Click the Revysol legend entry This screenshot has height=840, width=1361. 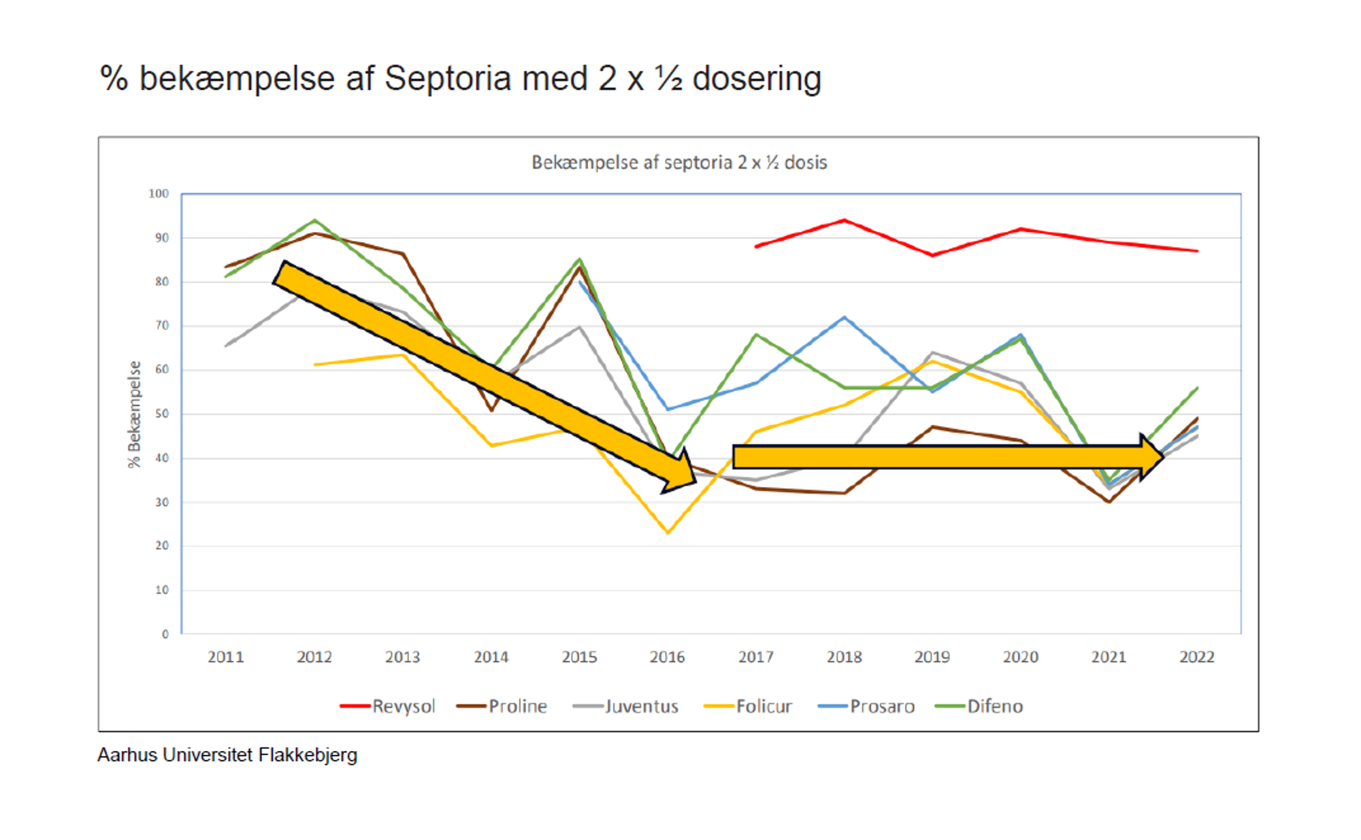tap(388, 706)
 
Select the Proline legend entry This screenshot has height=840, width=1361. tap(502, 706)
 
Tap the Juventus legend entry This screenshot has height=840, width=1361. tap(626, 706)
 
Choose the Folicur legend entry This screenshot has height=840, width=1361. tap(749, 706)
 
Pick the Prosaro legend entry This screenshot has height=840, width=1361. tap(867, 706)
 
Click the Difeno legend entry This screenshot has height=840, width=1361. tap(980, 706)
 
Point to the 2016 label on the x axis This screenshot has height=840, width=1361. tap(667, 657)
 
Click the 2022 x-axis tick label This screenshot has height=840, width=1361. tap(1196, 657)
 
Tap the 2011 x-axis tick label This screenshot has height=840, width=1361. tap(225, 657)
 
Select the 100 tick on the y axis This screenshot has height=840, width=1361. tap(159, 194)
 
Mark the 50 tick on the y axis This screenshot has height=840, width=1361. tap(161, 414)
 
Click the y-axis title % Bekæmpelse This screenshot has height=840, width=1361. tap(134, 414)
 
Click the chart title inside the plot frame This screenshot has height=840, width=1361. tap(679, 163)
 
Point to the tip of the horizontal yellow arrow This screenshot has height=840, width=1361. tap(1162, 457)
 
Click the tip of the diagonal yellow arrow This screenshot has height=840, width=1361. tap(694, 482)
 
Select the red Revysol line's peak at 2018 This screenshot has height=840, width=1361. tap(845, 220)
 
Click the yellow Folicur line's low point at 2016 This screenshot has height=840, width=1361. tap(668, 533)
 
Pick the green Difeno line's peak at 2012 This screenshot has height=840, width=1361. tap(314, 220)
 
